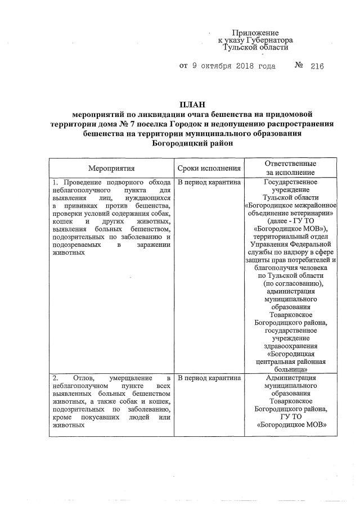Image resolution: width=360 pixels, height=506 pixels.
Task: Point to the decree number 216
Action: [x=317, y=66]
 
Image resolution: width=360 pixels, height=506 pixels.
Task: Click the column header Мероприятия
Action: [x=111, y=168]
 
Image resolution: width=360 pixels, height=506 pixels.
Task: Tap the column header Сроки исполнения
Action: [x=209, y=168]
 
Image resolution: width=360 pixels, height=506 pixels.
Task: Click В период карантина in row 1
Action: [x=209, y=183]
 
